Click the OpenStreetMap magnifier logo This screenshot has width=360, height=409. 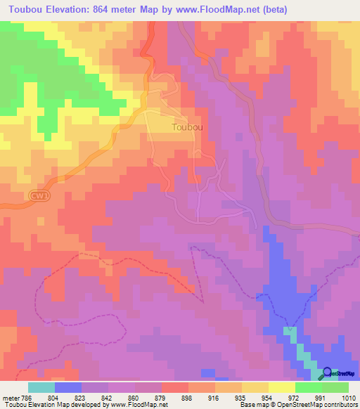tap(326, 374)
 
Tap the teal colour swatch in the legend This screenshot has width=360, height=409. tap(41, 387)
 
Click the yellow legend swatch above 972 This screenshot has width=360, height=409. tap(281, 387)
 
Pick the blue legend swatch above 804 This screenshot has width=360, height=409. tap(67, 387)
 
